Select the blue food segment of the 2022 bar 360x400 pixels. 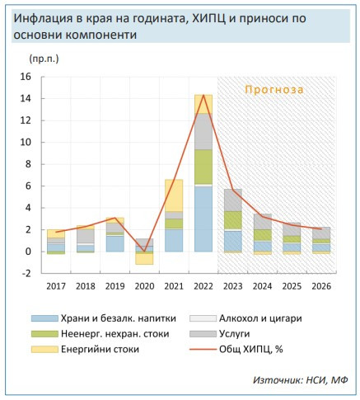(203, 219)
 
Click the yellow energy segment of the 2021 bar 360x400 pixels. (174, 195)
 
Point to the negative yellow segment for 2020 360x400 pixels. (144, 257)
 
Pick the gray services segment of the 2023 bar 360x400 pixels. (233, 200)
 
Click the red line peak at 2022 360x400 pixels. (203, 96)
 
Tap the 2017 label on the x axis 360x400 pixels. (55, 286)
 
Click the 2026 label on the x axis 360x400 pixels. (321, 286)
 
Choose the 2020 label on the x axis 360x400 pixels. (144, 286)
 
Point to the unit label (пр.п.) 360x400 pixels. (44, 59)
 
